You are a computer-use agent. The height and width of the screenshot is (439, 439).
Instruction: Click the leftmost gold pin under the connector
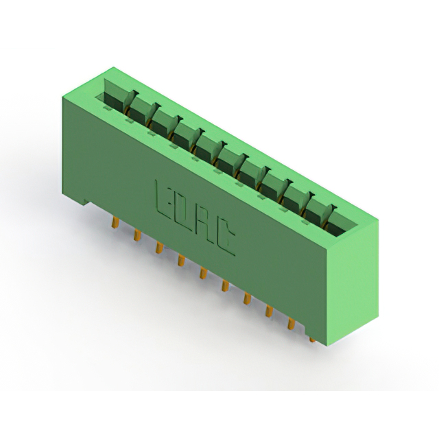click(115, 223)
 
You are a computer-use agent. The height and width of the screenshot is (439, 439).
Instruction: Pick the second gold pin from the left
click(137, 235)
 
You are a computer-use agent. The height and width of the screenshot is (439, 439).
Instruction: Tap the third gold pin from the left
click(159, 248)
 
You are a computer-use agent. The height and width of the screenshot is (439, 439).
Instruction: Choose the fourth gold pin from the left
click(181, 260)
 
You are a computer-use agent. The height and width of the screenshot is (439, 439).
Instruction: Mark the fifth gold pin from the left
click(203, 273)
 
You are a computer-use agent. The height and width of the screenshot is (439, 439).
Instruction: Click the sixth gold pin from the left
click(225, 286)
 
